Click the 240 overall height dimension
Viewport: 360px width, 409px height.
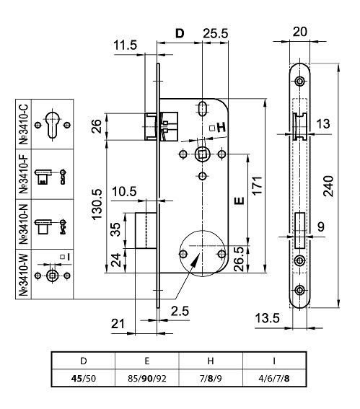pyautogui.click(x=328, y=186)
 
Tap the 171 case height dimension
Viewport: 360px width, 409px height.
pyautogui.click(x=257, y=185)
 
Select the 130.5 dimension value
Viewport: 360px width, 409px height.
pyautogui.click(x=97, y=205)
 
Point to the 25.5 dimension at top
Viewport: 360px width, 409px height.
pyautogui.click(x=216, y=34)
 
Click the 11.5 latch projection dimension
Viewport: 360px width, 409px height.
pyautogui.click(x=126, y=45)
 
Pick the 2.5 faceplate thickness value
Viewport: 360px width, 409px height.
pyautogui.click(x=180, y=311)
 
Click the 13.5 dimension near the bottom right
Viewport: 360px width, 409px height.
pyautogui.click(x=267, y=318)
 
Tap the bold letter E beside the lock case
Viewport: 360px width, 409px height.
pyautogui.click(x=240, y=201)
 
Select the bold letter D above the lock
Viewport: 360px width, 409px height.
pyautogui.click(x=180, y=34)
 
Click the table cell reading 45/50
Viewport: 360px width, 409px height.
pyautogui.click(x=84, y=378)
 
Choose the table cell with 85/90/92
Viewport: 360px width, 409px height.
pyautogui.click(x=147, y=378)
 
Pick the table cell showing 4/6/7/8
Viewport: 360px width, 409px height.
pyautogui.click(x=274, y=378)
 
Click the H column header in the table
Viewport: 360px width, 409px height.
pyautogui.click(x=211, y=361)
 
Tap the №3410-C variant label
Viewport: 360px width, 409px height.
pyautogui.click(x=24, y=124)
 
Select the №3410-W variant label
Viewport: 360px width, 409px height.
pyautogui.click(x=24, y=274)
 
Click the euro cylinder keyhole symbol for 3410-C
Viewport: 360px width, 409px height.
pyautogui.click(x=53, y=125)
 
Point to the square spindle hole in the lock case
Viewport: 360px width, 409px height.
pyautogui.click(x=202, y=154)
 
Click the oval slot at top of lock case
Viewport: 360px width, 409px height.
pyautogui.click(x=202, y=109)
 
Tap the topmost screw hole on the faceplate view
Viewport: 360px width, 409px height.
pyautogui.click(x=300, y=81)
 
